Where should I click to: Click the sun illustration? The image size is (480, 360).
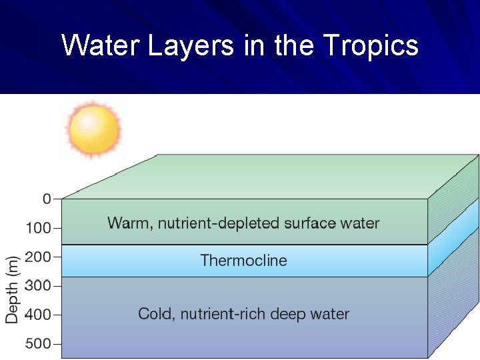coord(94,127)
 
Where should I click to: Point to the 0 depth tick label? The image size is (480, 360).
coord(47,199)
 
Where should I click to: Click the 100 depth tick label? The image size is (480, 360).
coord(38,228)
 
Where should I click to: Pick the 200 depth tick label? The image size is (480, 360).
coord(38,257)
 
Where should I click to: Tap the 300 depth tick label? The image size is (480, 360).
coord(38,286)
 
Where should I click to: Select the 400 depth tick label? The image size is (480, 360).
coord(38,315)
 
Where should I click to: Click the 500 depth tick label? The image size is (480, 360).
coord(38,344)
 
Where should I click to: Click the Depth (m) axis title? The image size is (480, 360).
coord(13,289)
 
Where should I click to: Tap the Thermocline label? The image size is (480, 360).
coord(243,261)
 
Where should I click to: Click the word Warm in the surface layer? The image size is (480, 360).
coord(128,223)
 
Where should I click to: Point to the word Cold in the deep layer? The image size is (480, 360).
coord(154,314)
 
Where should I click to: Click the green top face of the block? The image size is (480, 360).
coord(267,176)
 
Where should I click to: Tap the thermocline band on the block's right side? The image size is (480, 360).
coord(453,237)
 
